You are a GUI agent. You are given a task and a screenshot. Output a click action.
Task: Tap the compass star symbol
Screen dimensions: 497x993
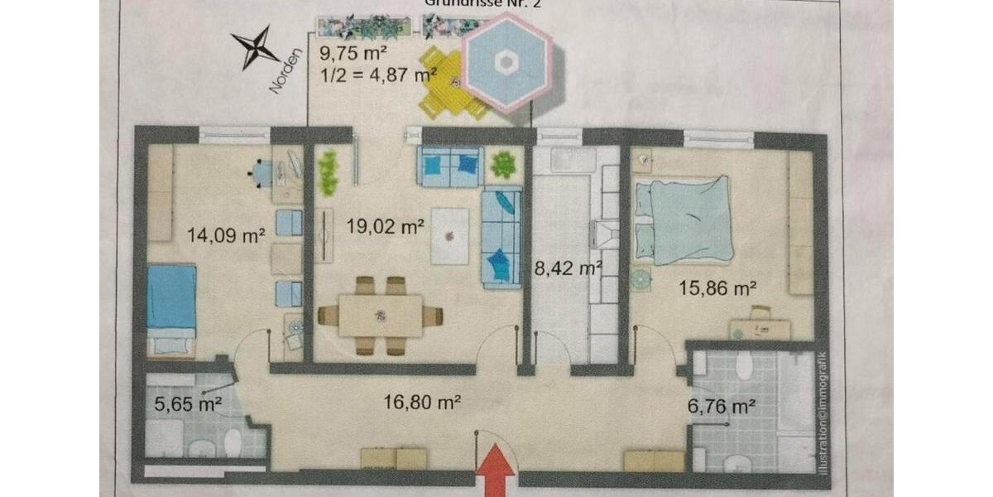point(255,47)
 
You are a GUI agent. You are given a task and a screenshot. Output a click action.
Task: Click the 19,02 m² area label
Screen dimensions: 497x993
point(386,224)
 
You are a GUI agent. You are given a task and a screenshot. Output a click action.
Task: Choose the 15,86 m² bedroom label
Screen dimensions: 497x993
point(718,288)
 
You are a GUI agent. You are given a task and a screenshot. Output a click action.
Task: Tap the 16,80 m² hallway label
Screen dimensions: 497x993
point(421,403)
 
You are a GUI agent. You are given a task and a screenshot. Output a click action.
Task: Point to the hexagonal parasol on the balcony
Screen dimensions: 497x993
point(505,62)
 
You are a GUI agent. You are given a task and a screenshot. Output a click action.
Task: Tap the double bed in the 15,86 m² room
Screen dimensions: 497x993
point(685,220)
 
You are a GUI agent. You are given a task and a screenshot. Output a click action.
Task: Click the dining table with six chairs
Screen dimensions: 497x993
point(381,316)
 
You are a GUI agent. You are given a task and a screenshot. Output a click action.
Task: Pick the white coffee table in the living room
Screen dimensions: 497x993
point(449,236)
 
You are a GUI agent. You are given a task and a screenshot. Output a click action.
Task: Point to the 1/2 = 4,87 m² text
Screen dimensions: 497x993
point(377,75)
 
